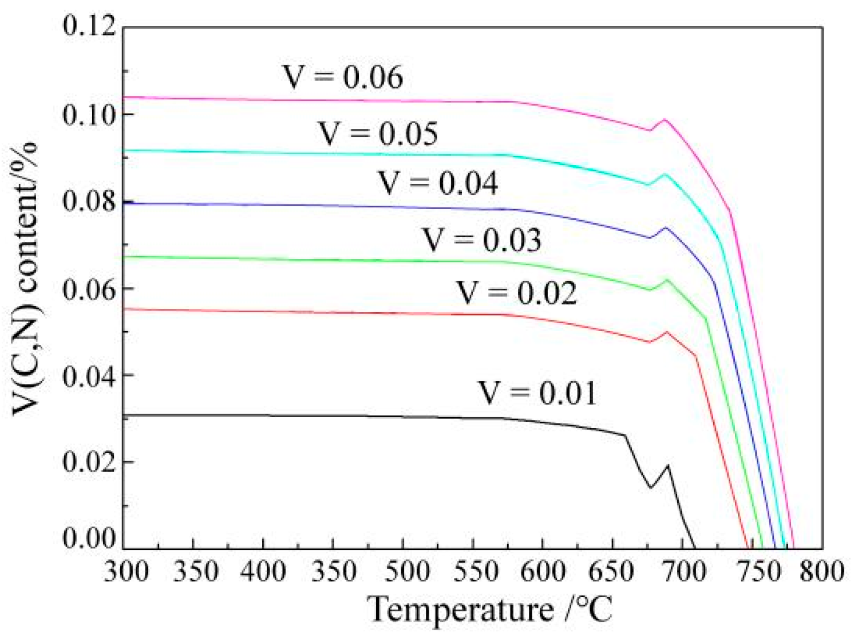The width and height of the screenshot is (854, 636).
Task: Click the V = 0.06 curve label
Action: (342, 77)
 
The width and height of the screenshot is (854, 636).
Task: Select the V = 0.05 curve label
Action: (378, 134)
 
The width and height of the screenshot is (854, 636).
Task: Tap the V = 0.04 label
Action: (438, 183)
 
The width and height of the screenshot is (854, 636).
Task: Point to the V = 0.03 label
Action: (482, 240)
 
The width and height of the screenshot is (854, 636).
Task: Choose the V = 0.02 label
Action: (516, 293)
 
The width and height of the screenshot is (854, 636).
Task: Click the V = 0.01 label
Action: (537, 393)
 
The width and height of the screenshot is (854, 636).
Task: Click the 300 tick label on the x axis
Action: (126, 571)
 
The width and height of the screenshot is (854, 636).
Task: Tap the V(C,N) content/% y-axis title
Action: (26, 281)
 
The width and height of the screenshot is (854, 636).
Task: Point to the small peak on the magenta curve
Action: (665, 120)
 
